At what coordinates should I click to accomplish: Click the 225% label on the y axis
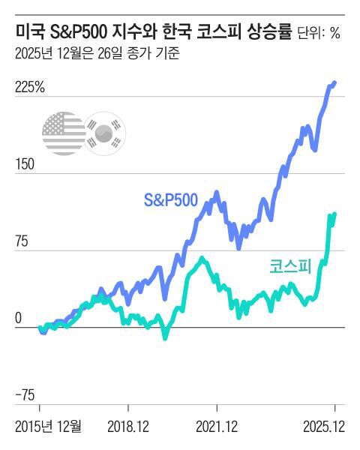30,88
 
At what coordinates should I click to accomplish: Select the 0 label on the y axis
19,318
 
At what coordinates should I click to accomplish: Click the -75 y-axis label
25,395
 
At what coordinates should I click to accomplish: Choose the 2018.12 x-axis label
127,427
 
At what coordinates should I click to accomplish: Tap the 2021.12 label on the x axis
216,427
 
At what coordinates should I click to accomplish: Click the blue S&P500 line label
171,200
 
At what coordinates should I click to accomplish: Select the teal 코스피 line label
290,266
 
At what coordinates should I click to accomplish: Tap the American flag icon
64,134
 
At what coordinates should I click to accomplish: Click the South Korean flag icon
104,134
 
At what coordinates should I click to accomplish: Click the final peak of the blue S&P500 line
334,82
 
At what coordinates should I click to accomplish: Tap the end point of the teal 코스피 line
334,214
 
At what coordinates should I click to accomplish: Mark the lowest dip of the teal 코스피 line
165,338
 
